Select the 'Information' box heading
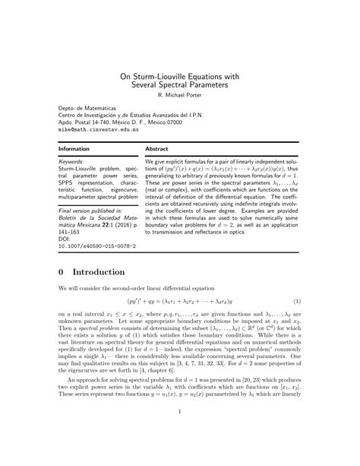coord(74,149)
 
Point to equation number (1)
coord(297,301)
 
